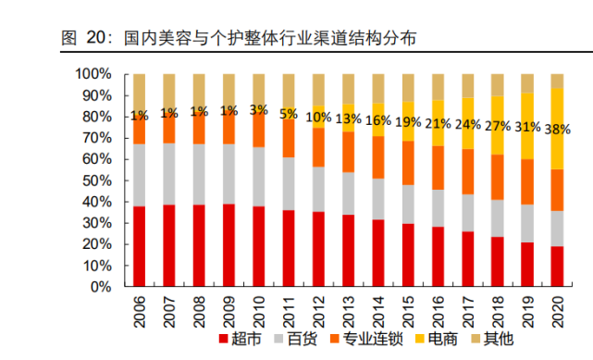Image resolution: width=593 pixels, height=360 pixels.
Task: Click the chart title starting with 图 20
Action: point(238,38)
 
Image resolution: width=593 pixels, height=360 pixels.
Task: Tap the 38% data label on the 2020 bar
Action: point(557,129)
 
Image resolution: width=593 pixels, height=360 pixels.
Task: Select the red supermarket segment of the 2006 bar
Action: point(140,246)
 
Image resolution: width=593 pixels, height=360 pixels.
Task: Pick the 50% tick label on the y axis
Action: point(96,180)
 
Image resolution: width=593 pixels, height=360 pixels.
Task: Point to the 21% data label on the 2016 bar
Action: point(439,123)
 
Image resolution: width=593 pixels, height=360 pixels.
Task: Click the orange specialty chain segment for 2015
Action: point(408,163)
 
